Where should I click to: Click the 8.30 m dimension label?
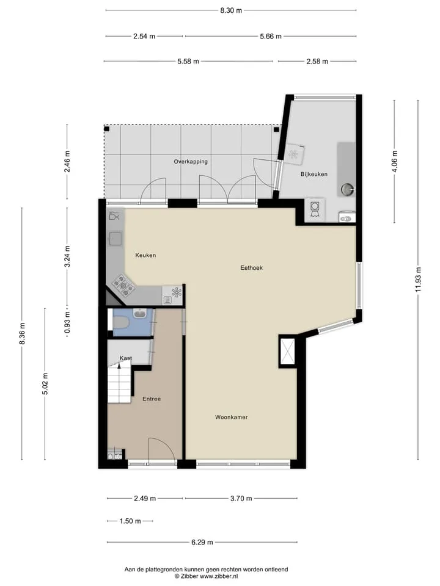(231, 10)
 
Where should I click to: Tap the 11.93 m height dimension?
(418, 280)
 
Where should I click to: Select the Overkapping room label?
(191, 162)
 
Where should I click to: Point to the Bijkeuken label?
(314, 174)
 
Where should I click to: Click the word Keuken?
(145, 255)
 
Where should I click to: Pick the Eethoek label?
(251, 267)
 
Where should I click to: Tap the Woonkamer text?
(231, 417)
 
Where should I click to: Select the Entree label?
(152, 399)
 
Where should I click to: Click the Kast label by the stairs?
(126, 358)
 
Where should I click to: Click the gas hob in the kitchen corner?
(123, 286)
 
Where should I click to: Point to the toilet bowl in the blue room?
(120, 322)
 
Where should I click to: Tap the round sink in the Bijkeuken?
(347, 189)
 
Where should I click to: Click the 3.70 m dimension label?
(241, 498)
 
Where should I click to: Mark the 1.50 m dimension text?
(130, 521)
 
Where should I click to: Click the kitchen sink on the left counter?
(116, 239)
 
